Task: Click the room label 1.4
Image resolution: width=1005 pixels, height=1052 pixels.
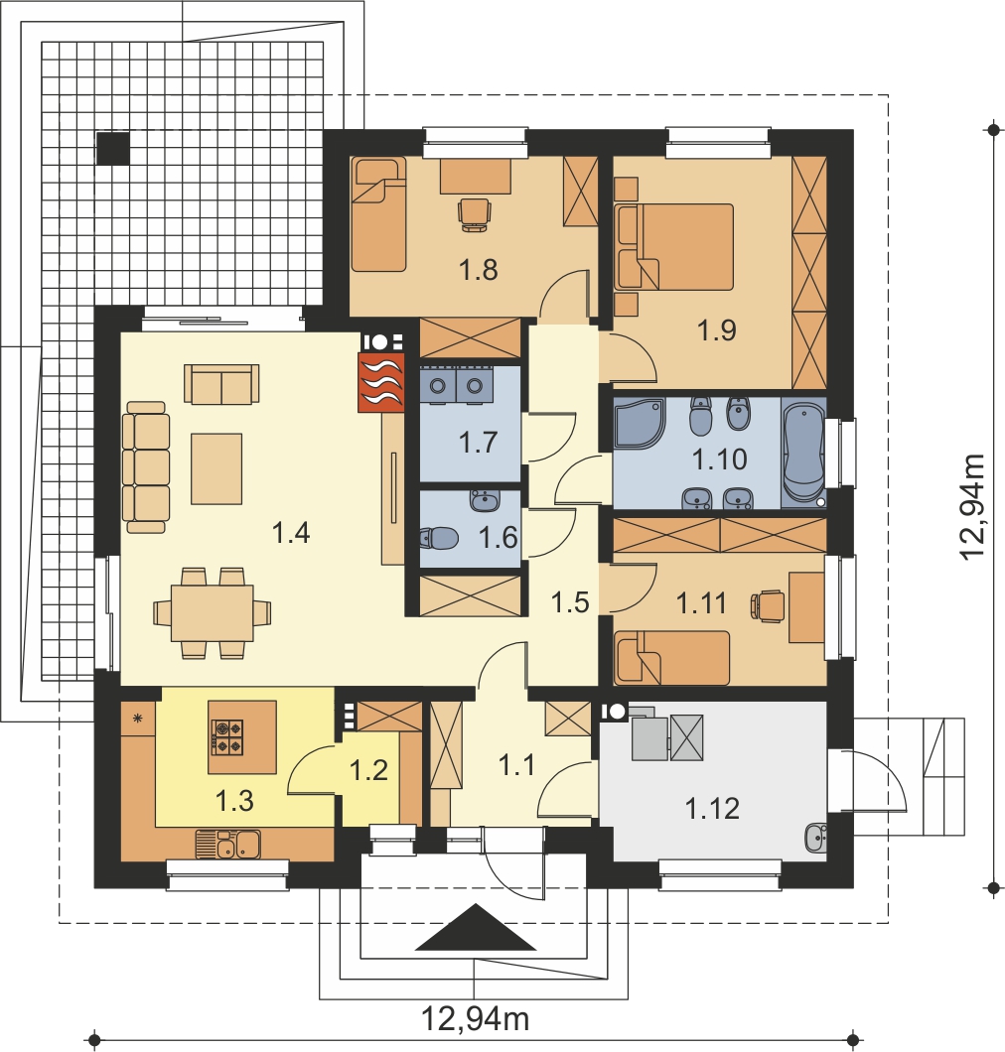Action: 291,533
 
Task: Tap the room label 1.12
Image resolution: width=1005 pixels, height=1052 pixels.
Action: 712,809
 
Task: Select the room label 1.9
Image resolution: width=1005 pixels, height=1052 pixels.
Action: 717,330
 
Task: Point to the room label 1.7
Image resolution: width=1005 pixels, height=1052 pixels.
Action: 478,443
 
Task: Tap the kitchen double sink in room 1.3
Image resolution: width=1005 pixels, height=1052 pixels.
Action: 227,844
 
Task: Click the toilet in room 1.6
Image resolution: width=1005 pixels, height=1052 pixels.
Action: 438,537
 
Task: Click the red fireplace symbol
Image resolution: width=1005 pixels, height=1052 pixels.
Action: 381,382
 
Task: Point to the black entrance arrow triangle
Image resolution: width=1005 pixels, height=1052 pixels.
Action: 476,927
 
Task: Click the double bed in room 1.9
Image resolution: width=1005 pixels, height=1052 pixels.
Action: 674,247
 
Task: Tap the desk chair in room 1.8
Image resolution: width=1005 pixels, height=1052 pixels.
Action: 474,214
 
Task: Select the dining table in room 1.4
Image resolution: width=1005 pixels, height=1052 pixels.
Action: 213,613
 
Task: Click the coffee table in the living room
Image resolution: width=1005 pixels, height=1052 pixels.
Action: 216,468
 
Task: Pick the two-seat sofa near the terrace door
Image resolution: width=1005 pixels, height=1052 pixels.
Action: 221,384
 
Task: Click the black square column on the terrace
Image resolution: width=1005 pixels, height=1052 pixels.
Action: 113,148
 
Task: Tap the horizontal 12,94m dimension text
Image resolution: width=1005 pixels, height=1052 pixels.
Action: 475,1019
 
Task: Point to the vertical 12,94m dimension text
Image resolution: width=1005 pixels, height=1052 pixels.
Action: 971,506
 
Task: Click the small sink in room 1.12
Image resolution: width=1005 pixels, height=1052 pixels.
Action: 815,838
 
